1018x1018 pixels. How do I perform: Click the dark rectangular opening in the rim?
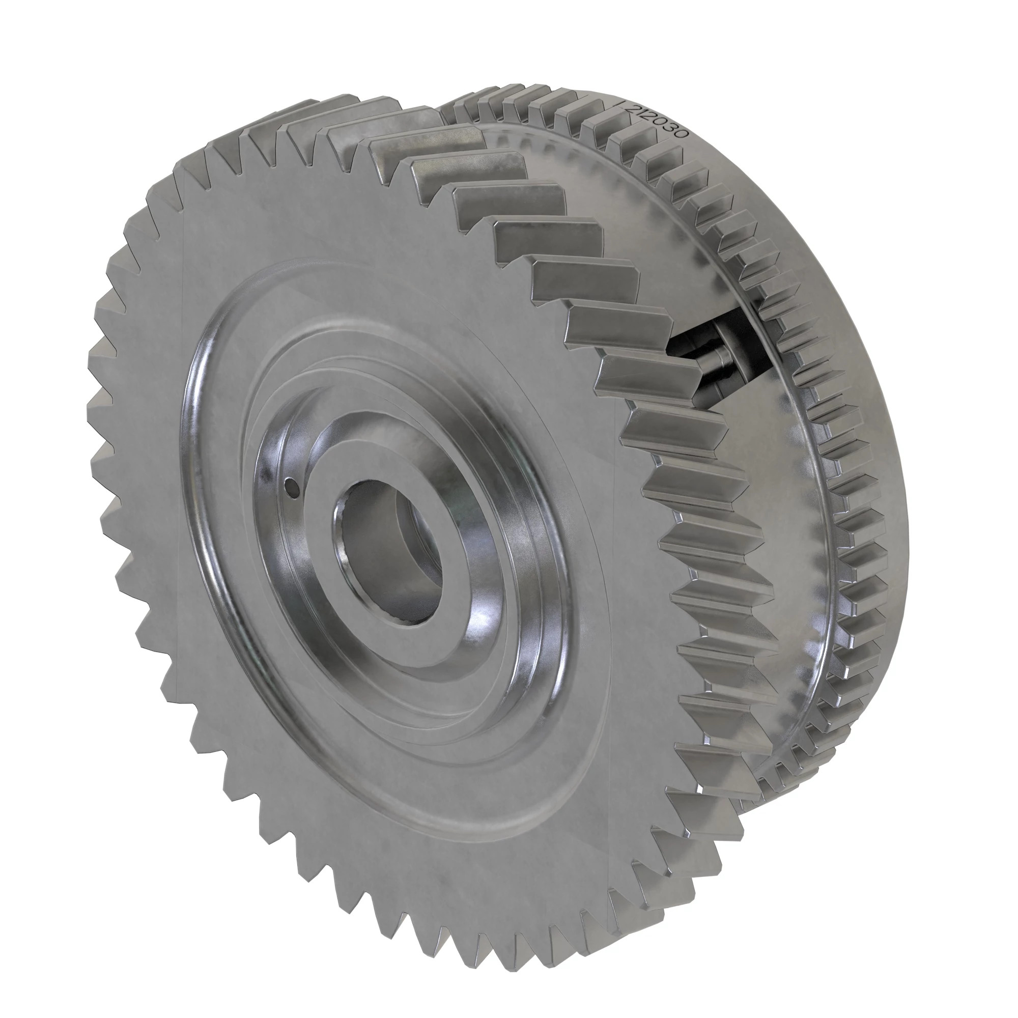738,337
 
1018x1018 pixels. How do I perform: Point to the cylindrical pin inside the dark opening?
717,363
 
